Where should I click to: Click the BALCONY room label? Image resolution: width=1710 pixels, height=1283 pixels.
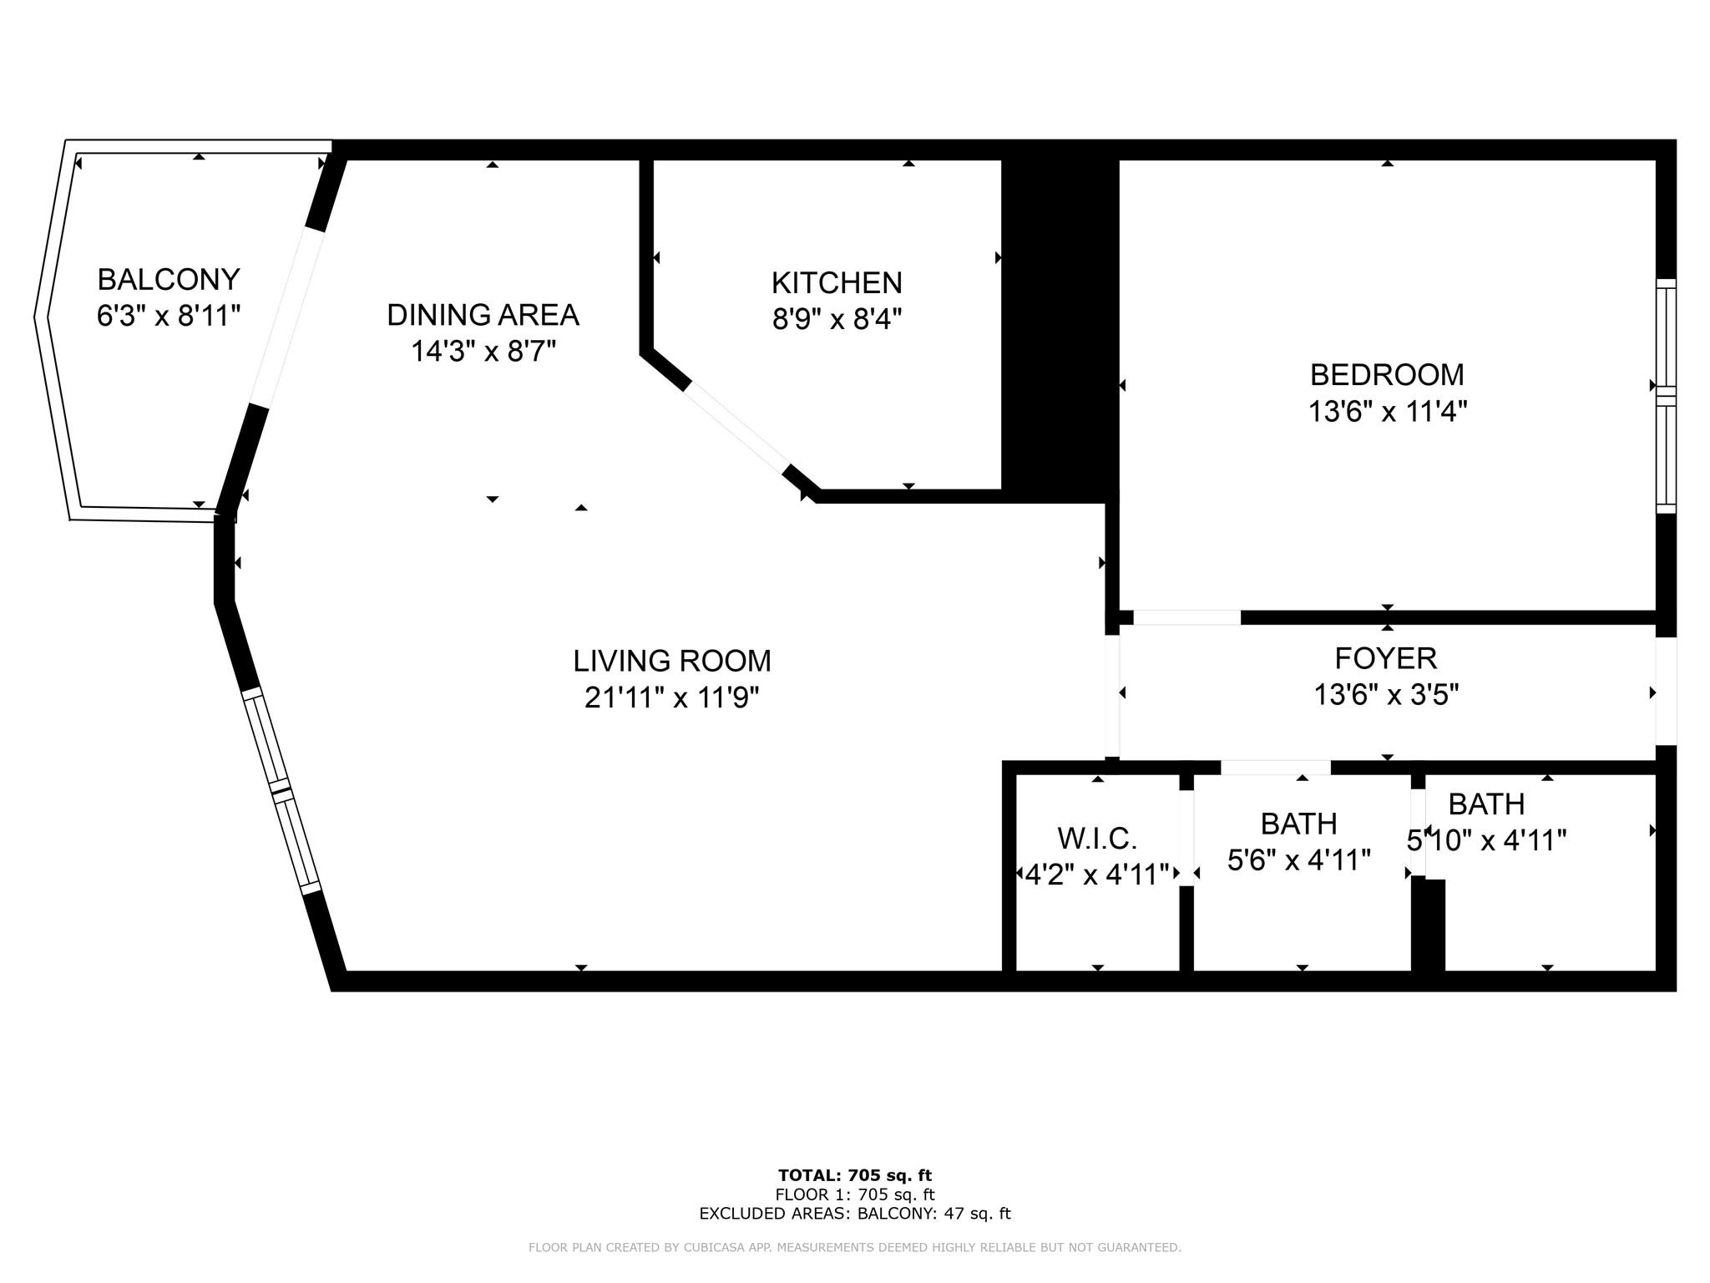pyautogui.click(x=169, y=279)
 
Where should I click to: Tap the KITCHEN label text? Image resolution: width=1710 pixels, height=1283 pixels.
pyautogui.click(x=837, y=283)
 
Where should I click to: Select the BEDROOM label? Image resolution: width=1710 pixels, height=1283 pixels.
pyautogui.click(x=1387, y=375)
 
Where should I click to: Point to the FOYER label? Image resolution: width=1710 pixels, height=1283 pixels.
pyautogui.click(x=1386, y=658)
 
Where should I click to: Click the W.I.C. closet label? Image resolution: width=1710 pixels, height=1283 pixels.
pyautogui.click(x=1097, y=838)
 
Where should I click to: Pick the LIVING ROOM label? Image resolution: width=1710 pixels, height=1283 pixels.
pyautogui.click(x=672, y=661)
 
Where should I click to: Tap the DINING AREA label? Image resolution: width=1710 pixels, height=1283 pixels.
pyautogui.click(x=483, y=315)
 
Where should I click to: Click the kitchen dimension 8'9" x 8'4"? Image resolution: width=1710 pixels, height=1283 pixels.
pyautogui.click(x=837, y=319)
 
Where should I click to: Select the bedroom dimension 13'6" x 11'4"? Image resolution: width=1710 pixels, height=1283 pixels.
pyautogui.click(x=1387, y=411)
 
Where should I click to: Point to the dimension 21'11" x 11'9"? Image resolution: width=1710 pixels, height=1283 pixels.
pyautogui.click(x=672, y=697)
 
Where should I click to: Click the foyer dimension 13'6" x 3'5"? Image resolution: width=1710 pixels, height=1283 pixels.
pyautogui.click(x=1386, y=694)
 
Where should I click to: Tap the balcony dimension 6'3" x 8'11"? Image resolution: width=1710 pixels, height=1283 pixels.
pyautogui.click(x=169, y=316)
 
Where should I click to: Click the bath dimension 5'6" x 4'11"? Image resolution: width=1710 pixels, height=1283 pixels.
pyautogui.click(x=1299, y=860)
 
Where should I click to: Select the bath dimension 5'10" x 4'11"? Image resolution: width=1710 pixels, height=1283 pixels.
pyautogui.click(x=1486, y=840)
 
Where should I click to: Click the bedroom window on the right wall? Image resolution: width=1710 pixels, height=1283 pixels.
pyautogui.click(x=1666, y=396)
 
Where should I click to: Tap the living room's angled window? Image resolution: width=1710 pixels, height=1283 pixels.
pyautogui.click(x=281, y=790)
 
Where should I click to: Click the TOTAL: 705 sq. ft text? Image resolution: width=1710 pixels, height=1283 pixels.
pyautogui.click(x=855, y=1176)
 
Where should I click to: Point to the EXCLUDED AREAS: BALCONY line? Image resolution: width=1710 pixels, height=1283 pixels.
pyautogui.click(x=855, y=1214)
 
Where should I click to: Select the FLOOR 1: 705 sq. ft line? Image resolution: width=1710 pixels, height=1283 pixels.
pyautogui.click(x=855, y=1194)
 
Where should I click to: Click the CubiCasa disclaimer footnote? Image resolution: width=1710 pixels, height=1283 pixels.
pyautogui.click(x=855, y=1248)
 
